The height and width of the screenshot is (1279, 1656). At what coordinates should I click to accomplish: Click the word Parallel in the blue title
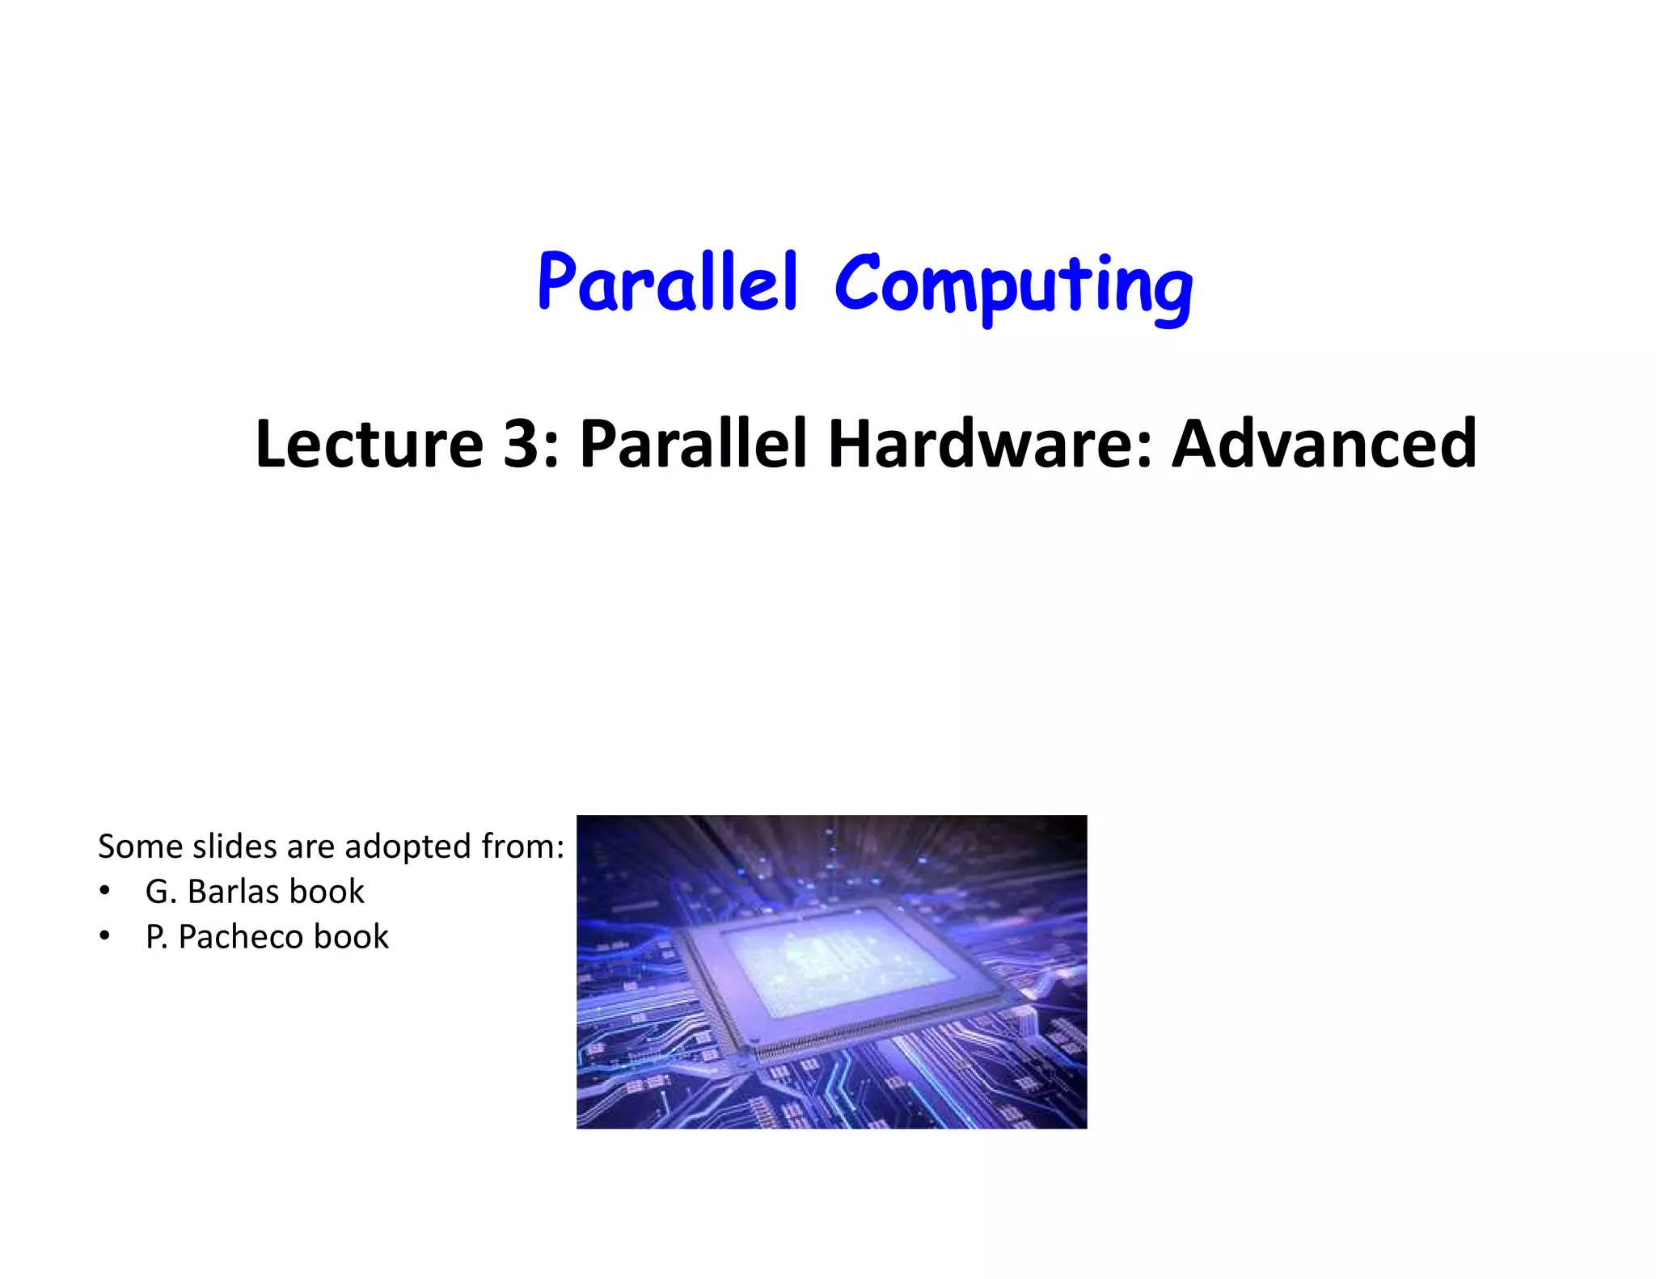point(668,283)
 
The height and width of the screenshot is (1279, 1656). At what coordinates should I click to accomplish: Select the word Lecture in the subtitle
point(369,444)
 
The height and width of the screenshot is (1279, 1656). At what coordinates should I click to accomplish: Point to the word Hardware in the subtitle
point(991,444)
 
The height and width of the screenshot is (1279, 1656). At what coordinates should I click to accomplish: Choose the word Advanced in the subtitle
point(1324,444)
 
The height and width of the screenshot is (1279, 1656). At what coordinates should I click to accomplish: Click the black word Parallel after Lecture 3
point(693,444)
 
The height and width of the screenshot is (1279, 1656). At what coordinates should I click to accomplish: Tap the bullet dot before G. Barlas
point(104,891)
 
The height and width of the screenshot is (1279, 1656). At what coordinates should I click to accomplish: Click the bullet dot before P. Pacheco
point(104,936)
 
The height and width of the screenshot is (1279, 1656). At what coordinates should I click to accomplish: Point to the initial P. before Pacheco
point(156,937)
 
